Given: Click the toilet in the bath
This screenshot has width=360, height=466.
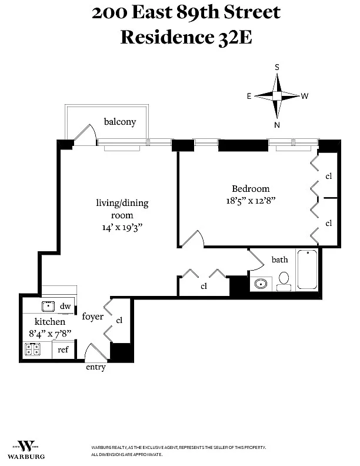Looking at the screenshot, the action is [x=284, y=280].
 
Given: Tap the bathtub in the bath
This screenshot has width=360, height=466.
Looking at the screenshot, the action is [x=307, y=270].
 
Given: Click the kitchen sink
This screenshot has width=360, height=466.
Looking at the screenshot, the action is [x=48, y=306].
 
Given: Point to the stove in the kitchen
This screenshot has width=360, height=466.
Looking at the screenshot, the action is [x=32, y=350].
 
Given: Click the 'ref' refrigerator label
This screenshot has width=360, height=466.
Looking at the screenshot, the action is [x=63, y=349].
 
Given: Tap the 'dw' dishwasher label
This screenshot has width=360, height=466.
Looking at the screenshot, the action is [x=65, y=306].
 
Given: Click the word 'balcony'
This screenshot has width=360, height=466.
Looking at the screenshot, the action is [x=120, y=122].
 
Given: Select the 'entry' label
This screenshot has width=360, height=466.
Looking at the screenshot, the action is [x=96, y=367].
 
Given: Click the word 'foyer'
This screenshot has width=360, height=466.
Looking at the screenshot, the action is [x=93, y=317].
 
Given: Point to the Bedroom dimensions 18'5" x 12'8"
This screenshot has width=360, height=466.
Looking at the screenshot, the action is [x=251, y=200].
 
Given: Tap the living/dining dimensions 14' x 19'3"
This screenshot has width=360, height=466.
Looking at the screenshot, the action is [x=122, y=227].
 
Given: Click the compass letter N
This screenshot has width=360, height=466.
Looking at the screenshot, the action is [x=276, y=125].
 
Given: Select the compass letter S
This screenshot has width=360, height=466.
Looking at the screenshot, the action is [x=276, y=67].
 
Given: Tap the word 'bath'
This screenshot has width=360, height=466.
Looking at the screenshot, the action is [x=279, y=259].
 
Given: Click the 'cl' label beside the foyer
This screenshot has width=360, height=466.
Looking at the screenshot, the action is [x=119, y=320].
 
